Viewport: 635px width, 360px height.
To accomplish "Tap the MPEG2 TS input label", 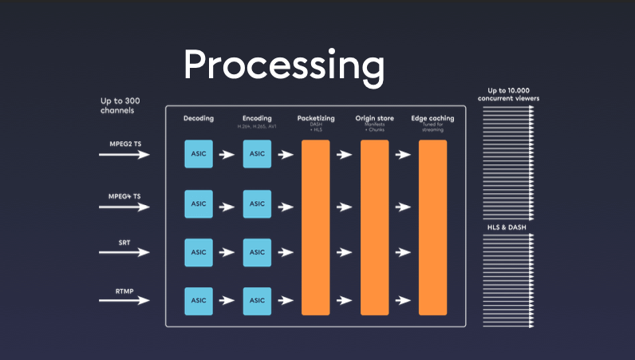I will tap(126, 143).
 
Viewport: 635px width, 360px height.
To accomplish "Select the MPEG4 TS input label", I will tap(126, 196).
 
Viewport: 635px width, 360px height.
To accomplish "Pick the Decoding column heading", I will tap(199, 118).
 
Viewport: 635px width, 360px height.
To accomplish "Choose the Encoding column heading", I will tap(257, 118).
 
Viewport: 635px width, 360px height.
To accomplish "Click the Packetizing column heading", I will tap(315, 118).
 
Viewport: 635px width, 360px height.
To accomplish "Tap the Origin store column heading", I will tap(373, 118).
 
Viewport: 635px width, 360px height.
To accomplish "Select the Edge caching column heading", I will tap(432, 118).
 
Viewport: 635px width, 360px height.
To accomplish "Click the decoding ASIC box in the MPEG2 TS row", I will tap(199, 154).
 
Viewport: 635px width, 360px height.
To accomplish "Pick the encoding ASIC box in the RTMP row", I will tap(257, 301).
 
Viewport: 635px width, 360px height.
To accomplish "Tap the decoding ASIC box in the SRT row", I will tap(199, 252).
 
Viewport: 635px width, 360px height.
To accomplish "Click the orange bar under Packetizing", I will tap(315, 227).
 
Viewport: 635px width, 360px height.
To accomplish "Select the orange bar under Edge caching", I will tap(432, 227).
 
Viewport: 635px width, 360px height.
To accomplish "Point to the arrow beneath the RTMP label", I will tap(124, 301).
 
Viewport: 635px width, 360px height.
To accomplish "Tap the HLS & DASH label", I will tap(511, 227).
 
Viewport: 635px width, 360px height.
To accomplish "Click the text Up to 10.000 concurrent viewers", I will tap(511, 94).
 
